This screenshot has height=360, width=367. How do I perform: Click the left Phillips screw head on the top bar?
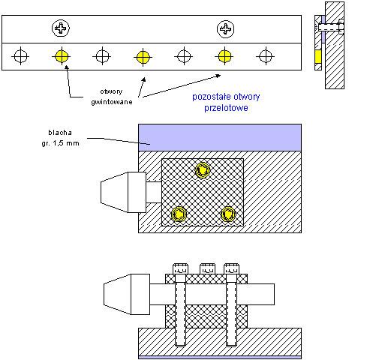coord(61,28)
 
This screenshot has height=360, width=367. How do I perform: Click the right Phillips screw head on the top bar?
coord(225,29)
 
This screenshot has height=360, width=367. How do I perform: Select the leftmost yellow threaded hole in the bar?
coord(62,56)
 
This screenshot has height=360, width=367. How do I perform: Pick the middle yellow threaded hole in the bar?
coord(143,58)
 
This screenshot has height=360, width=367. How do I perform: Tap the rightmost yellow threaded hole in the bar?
coord(224,56)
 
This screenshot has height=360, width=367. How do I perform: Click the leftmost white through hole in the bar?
coord(20,56)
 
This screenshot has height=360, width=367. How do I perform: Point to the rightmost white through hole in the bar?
coord(266,56)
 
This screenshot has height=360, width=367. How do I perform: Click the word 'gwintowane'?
coord(112,102)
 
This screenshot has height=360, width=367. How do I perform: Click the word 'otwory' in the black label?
coord(111,91)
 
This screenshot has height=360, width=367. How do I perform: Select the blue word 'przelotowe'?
coord(226,108)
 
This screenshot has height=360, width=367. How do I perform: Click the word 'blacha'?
coord(60,133)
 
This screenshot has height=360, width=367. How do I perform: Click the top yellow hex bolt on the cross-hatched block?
coord(203,169)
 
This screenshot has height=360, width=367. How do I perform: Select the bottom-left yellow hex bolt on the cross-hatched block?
coord(179,214)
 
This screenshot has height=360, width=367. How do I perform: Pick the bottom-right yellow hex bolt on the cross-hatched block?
coord(227,214)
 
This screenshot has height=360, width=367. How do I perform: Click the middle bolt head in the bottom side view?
coord(207,269)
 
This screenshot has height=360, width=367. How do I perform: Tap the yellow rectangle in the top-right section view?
coord(318,56)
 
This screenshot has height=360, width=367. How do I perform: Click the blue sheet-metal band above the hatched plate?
coord(220,137)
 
